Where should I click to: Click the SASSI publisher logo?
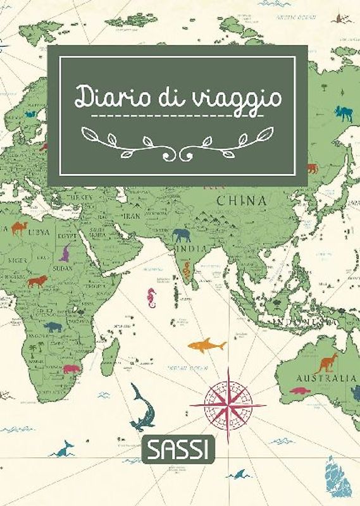(x=179, y=450)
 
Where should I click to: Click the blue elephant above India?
(x=181, y=235)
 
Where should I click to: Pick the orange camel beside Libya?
(x=18, y=227)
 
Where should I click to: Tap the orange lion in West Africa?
(x=36, y=280)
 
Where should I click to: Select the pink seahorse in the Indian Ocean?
(x=151, y=297)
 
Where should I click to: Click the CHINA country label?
(x=240, y=201)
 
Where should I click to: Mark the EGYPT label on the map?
(x=68, y=236)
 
